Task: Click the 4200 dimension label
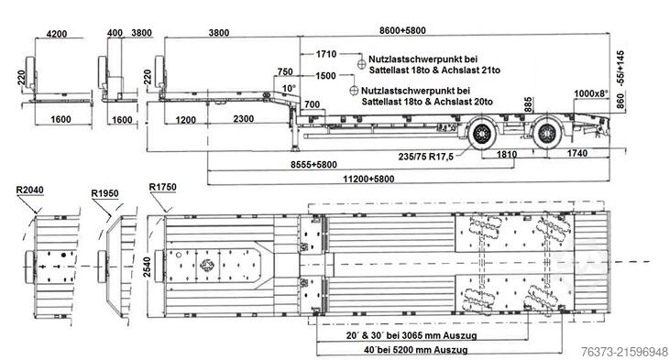coord(56,33)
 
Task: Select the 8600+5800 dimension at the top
coord(402,30)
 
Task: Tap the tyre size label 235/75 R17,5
coord(426,157)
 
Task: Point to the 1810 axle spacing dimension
coord(507,154)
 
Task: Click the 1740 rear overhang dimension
coord(576,153)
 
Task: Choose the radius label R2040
coord(29,190)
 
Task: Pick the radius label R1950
coord(104,193)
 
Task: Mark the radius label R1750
coord(162,187)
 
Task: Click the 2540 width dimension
coord(147,267)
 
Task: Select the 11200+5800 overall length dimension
coord(368,179)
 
